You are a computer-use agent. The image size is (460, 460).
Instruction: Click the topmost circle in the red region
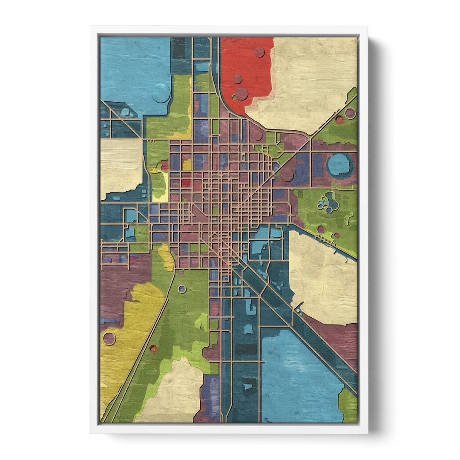259,52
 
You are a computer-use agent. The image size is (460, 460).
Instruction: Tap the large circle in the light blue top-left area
161,92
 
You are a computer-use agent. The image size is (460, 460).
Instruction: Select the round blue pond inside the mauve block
339,164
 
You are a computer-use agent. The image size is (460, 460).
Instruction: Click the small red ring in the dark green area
153,349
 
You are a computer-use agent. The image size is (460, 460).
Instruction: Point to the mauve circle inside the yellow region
109,339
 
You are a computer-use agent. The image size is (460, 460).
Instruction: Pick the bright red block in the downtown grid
186,183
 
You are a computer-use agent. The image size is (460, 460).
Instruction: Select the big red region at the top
247,64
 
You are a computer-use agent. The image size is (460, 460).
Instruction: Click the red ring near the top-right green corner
339,120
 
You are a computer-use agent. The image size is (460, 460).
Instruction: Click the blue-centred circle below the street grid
182,289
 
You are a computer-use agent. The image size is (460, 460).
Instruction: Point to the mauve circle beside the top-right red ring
350,113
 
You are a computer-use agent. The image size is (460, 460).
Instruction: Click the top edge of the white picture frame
230,29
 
